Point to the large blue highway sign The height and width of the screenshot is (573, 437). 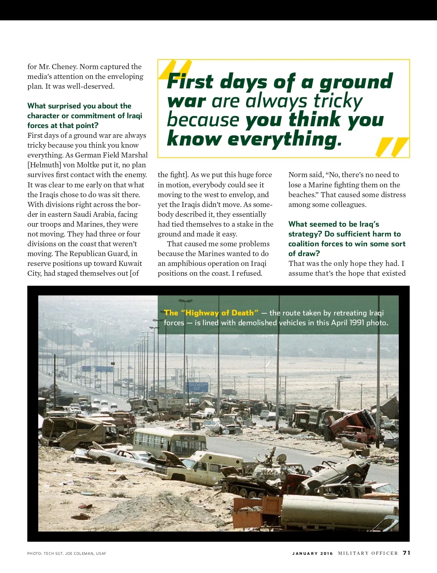197,386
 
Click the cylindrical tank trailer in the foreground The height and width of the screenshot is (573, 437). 339,511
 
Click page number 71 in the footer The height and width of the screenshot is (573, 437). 406,553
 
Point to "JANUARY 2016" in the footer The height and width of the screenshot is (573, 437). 312,553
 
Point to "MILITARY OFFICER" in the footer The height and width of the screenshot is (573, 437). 368,553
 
